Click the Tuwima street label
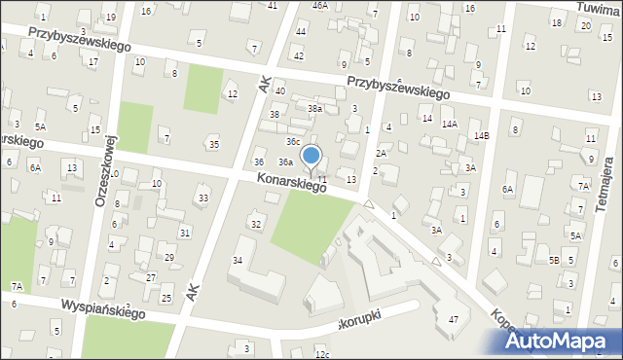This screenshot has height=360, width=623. click(597, 7)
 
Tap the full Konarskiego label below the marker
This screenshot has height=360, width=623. click(291, 182)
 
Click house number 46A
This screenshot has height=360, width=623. click(319, 5)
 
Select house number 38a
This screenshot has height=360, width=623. click(314, 109)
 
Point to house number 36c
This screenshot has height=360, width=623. click(292, 141)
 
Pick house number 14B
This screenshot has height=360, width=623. click(481, 135)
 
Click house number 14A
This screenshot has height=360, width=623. click(449, 125)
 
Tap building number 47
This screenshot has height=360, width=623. click(453, 320)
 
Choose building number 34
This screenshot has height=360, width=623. click(237, 261)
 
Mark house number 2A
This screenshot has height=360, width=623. click(382, 153)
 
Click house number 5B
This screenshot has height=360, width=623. click(553, 261)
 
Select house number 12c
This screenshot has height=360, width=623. click(322, 355)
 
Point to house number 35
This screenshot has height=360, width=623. click(213, 145)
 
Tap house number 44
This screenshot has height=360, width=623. click(301, 31)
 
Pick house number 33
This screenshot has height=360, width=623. click(202, 198)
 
